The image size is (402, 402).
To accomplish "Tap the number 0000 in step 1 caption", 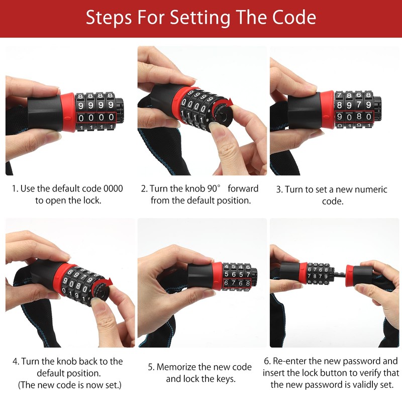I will (113, 189).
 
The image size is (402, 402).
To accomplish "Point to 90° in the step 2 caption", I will (211, 189).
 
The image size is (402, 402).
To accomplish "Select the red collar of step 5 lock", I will (217, 276).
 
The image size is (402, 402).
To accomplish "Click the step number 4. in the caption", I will (16, 361).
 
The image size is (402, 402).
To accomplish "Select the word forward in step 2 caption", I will (243, 189).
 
